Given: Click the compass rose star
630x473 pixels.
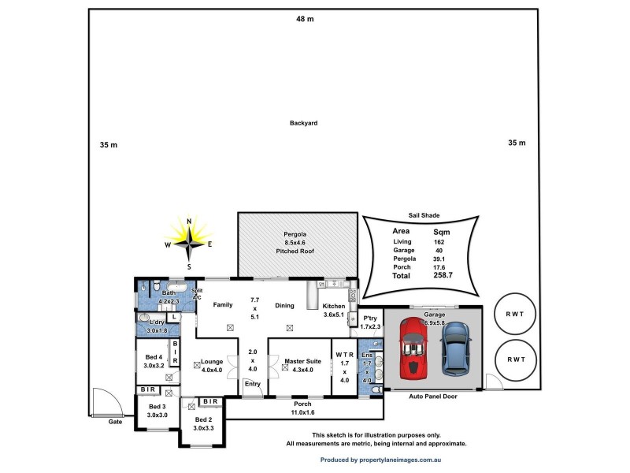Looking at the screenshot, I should tap(189, 243).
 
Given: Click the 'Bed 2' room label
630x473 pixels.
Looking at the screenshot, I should tap(204, 419).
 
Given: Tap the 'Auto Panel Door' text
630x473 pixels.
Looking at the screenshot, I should tap(432, 397).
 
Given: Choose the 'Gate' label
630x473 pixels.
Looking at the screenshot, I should tap(115, 423).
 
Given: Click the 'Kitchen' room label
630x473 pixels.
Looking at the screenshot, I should tap(334, 306).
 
